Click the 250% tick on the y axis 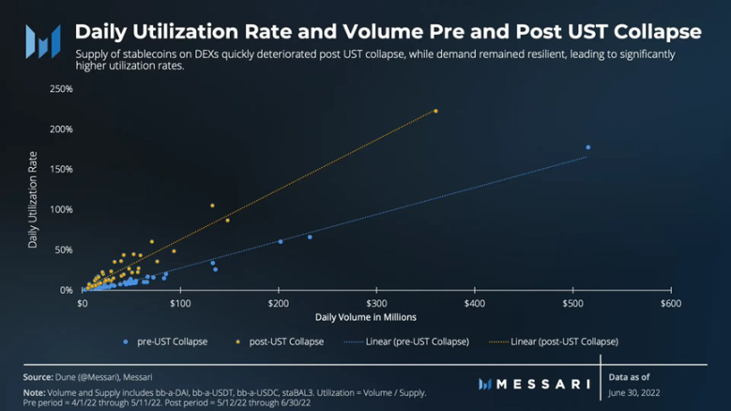61,89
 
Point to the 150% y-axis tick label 61,170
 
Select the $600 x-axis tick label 670,304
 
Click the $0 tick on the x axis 83,304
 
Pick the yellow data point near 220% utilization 435,112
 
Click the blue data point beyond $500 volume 588,147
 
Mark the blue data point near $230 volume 310,237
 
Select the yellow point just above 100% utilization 212,205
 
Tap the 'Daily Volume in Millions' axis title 366,318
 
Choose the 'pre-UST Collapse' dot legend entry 164,342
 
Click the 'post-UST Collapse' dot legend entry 279,342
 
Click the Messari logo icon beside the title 42,40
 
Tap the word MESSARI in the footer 542,384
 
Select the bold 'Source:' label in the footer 38,377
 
